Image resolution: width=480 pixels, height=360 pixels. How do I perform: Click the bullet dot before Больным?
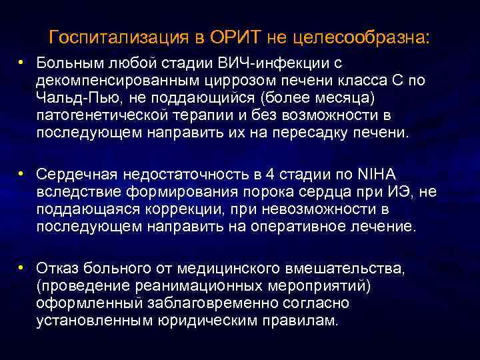22,62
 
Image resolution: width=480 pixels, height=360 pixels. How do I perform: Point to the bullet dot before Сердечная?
22,173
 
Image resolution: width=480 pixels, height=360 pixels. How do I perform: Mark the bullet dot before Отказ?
22,267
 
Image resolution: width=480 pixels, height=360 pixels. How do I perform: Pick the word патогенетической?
103,115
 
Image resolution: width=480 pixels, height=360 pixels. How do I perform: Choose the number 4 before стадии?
269,175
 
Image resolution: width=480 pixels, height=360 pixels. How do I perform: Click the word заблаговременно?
223,303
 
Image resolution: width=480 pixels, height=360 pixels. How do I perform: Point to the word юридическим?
229,320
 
